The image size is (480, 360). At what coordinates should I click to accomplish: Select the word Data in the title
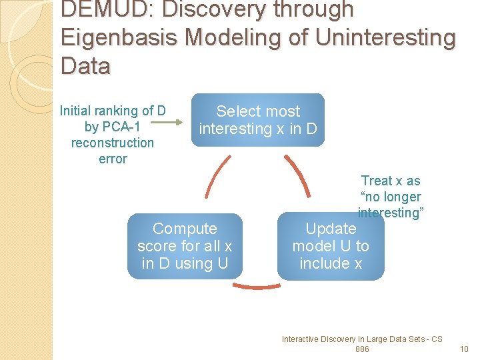(x=86, y=65)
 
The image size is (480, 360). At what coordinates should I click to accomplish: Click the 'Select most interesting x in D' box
(x=258, y=120)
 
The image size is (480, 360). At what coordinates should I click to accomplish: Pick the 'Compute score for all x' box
(x=185, y=246)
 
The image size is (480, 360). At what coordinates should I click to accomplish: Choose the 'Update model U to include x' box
(x=331, y=246)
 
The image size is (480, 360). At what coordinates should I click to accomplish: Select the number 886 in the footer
(x=362, y=349)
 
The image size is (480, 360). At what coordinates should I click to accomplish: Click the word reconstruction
(x=112, y=143)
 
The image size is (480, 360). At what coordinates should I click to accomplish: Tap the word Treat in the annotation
(x=375, y=181)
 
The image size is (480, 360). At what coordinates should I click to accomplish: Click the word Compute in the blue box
(x=185, y=229)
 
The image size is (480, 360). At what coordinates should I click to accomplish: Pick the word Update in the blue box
(x=331, y=229)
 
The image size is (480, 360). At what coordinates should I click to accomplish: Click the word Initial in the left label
(x=77, y=111)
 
